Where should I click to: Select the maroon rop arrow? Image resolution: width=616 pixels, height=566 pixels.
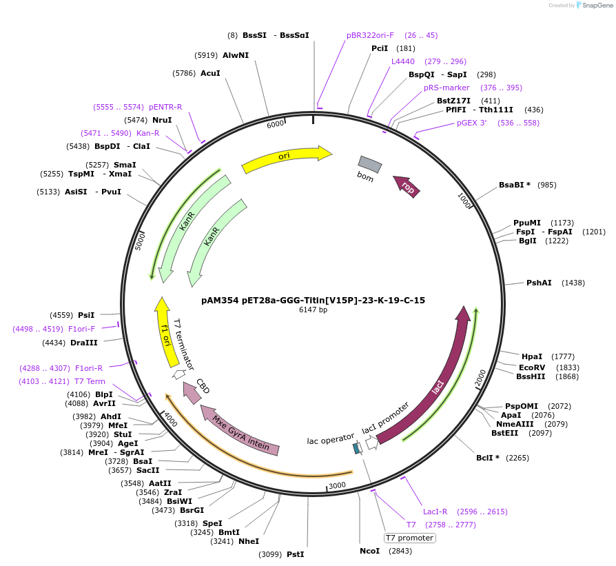[407, 186]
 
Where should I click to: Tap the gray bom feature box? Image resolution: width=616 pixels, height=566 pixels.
[369, 164]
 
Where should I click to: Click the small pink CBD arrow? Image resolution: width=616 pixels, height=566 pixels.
[192, 392]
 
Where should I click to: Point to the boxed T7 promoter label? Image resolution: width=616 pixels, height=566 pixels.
[410, 538]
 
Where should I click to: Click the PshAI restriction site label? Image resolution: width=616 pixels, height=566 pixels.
[539, 283]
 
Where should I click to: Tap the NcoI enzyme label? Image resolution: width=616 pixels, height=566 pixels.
[369, 551]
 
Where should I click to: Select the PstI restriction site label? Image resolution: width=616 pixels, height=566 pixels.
[295, 554]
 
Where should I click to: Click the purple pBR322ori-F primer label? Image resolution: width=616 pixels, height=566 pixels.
[370, 35]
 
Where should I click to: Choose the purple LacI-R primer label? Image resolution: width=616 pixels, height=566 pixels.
[435, 512]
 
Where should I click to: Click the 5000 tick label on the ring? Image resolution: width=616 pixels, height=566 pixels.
[141, 241]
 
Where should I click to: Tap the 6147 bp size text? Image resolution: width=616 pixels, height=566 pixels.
[314, 310]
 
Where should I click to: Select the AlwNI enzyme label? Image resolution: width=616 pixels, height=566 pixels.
[235, 54]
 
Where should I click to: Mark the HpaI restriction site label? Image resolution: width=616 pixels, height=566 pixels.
[532, 356]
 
